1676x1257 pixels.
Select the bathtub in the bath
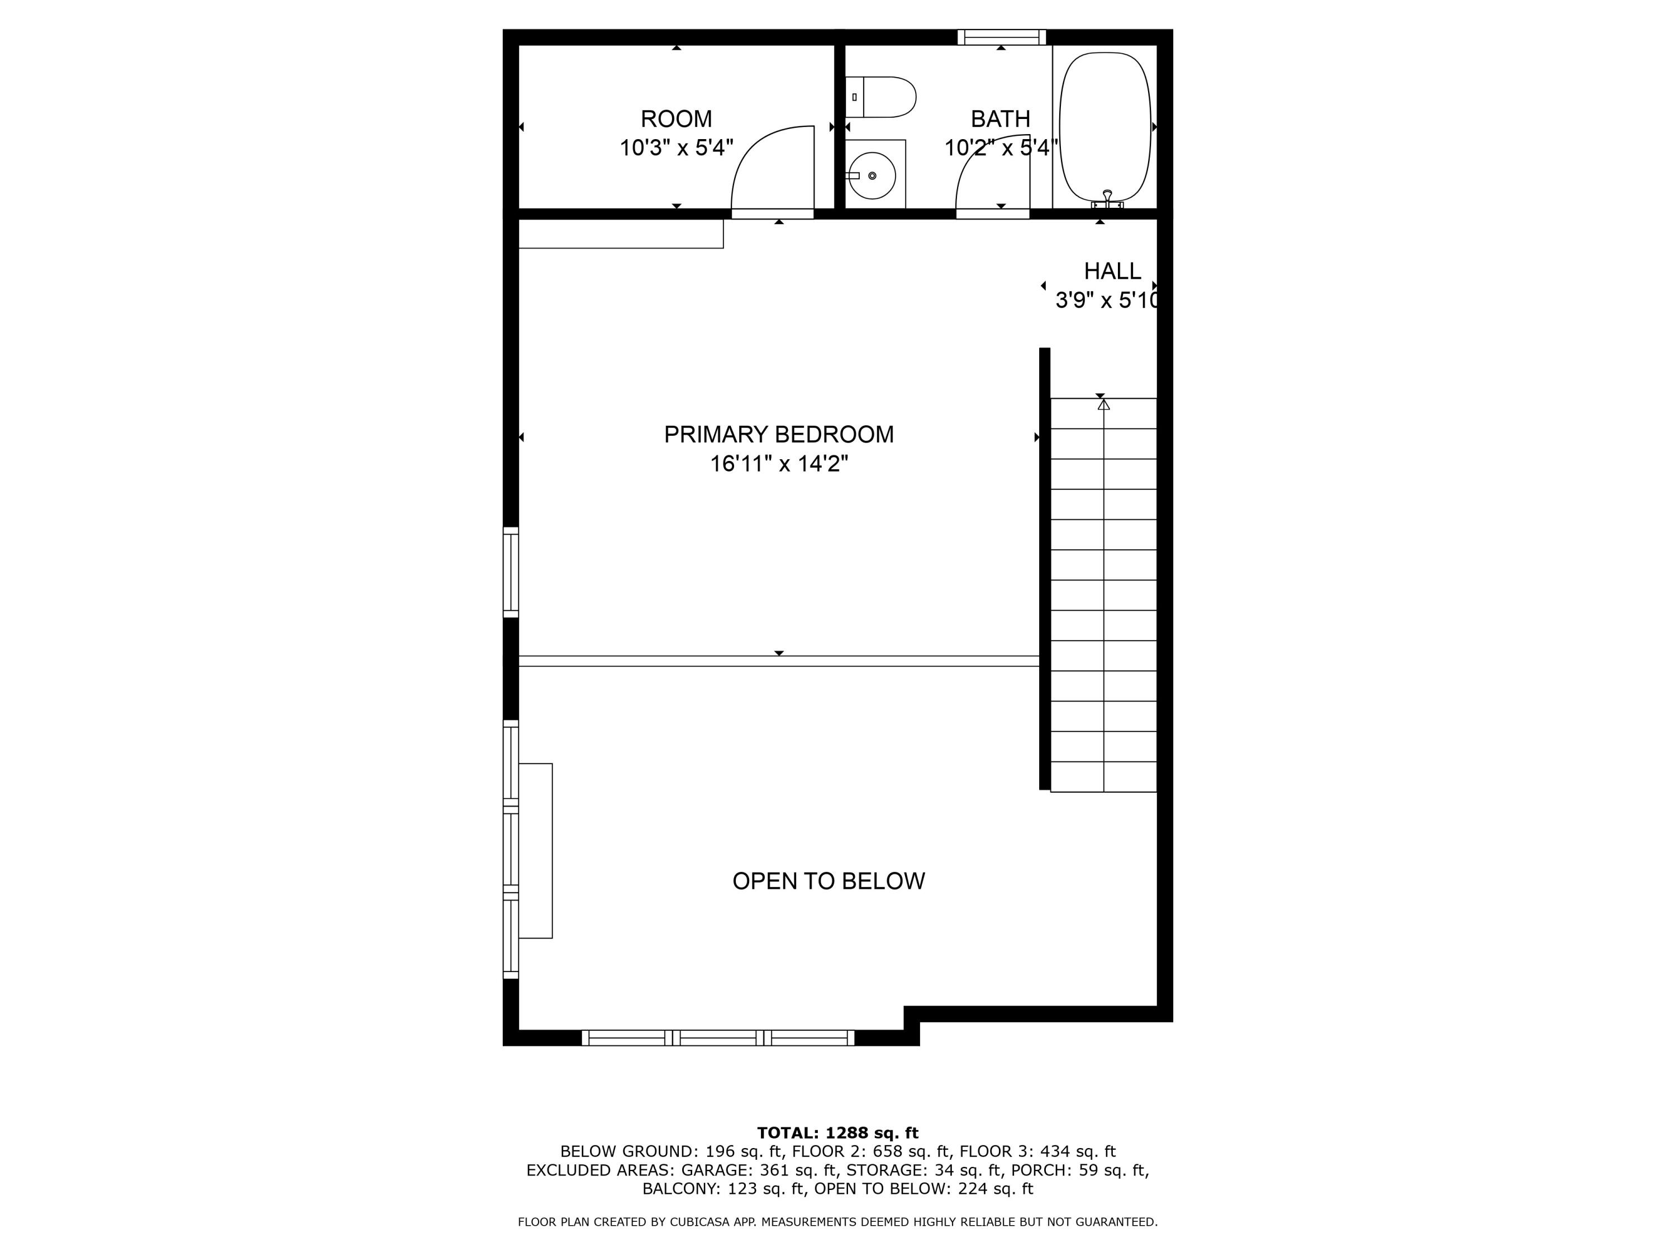(x=1104, y=126)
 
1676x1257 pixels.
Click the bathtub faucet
(x=1107, y=198)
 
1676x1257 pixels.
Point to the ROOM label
(x=676, y=119)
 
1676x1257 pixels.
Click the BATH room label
(x=1000, y=119)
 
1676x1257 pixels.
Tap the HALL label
(x=1112, y=272)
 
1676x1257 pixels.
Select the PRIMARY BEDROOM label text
(x=778, y=434)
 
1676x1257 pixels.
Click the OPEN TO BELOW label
(x=828, y=880)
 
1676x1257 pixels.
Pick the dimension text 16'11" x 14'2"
(x=778, y=464)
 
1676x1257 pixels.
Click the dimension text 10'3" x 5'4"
(x=676, y=147)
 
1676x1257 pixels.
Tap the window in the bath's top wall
(x=1001, y=37)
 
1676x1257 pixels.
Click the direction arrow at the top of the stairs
(x=1104, y=406)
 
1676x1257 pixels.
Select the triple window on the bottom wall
(x=717, y=1038)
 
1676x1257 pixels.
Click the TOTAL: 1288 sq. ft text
(x=837, y=1133)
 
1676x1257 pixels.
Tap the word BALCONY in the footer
(x=680, y=1189)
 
